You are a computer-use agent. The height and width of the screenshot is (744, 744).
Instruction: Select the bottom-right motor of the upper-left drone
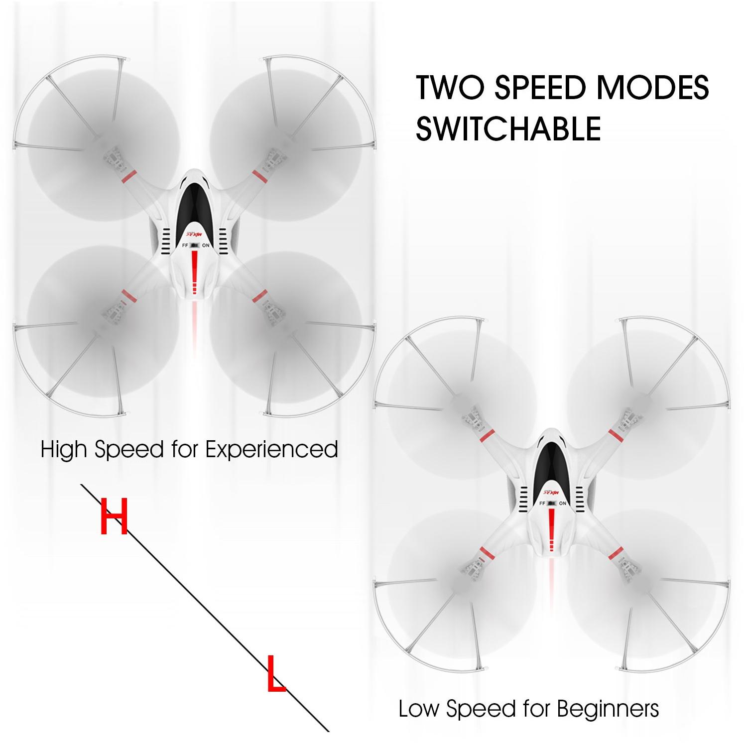point(273,314)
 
